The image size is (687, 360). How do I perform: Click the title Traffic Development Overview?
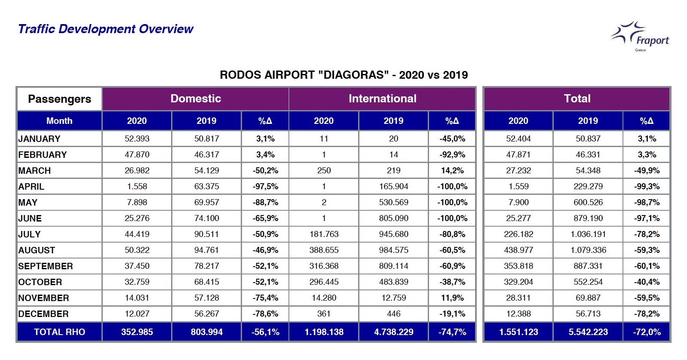coord(105,29)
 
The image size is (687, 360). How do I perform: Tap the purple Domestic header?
coord(196,98)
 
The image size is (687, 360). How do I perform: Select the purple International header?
coord(383,98)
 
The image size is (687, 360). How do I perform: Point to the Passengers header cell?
coord(59,99)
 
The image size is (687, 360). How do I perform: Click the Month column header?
coord(59,120)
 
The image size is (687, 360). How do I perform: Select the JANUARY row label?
coord(39,139)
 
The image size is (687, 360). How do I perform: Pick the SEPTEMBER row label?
coord(46,266)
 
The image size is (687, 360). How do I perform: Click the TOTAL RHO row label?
coord(59,332)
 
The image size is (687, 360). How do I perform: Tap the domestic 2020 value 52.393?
coord(137,139)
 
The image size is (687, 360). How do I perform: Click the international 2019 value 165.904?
coord(394,186)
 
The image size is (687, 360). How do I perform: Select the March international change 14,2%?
coord(452,170)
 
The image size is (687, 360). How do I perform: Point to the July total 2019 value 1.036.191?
coord(588,234)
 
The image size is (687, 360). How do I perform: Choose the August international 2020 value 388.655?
coord(324,250)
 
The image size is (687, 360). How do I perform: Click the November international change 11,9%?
coord(452,298)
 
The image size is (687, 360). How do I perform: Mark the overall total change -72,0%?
coord(647,332)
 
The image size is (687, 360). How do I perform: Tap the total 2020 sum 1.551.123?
coord(518,332)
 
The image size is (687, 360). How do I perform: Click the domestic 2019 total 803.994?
coord(207,332)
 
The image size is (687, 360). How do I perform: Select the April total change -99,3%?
coord(647,186)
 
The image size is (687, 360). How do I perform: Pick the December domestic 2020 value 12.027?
coord(137,314)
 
